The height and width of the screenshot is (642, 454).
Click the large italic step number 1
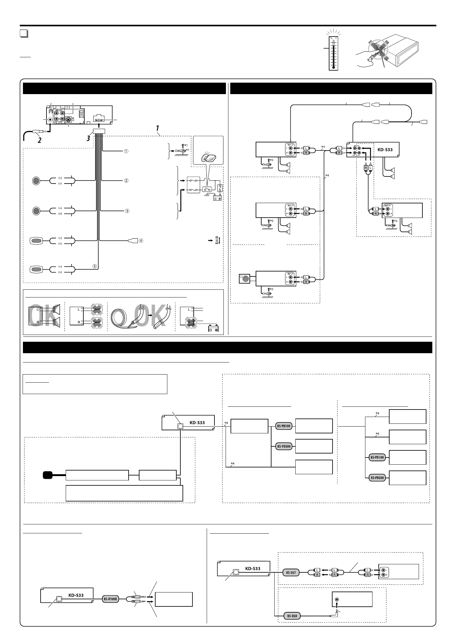tap(157, 128)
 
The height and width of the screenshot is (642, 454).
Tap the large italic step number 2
tap(39, 140)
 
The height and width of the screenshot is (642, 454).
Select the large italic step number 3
tap(89, 138)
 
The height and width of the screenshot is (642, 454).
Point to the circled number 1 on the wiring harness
tap(126, 151)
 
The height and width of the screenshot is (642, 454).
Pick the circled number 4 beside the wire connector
tap(141, 241)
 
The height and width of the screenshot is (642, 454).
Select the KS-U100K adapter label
tap(111, 599)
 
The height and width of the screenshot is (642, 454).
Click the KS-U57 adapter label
tap(291, 572)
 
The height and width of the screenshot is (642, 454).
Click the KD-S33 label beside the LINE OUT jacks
tap(385, 150)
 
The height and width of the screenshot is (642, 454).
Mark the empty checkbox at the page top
tap(24, 34)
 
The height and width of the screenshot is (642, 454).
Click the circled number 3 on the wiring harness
tap(126, 211)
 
